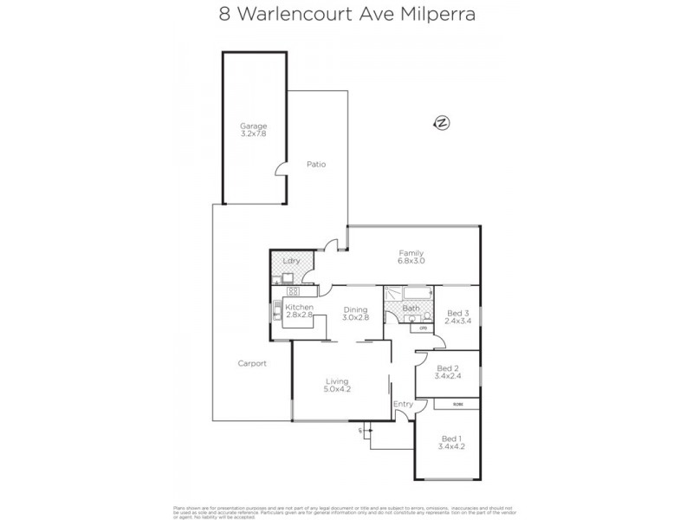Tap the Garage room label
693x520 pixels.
[x=254, y=127]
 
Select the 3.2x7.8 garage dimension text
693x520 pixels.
[x=254, y=134]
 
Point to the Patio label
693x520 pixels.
[x=315, y=164]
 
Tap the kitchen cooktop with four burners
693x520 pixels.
[x=293, y=291]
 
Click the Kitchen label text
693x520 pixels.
[x=298, y=308]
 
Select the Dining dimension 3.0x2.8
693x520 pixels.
[x=356, y=318]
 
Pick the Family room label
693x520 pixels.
[x=411, y=253]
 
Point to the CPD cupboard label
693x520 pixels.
[x=424, y=328]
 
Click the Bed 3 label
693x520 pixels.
[x=458, y=313]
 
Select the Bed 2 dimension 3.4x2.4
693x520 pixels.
[x=447, y=376]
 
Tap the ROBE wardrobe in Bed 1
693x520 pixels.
[x=457, y=404]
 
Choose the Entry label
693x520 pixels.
[x=403, y=404]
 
